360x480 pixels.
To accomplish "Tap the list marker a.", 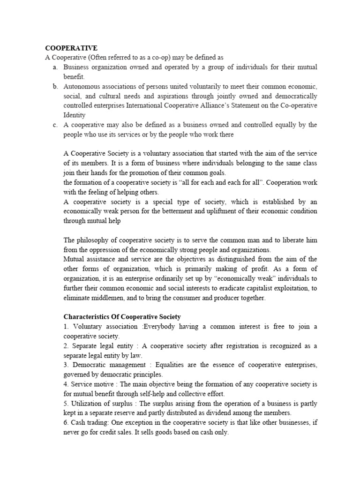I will (x=55, y=67).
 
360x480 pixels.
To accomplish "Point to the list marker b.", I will (x=55, y=87).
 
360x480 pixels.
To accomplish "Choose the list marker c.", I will (x=55, y=125).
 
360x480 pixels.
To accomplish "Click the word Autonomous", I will (x=82, y=87).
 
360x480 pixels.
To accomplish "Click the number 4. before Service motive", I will (x=66, y=384).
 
